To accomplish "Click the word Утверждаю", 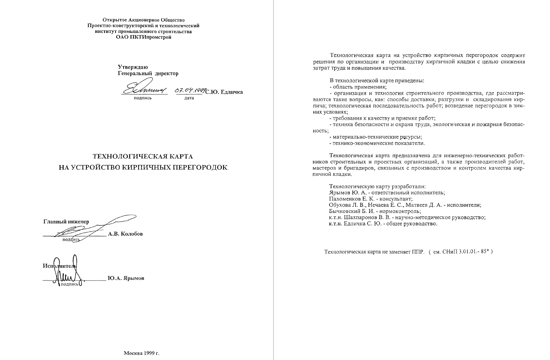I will (133, 67).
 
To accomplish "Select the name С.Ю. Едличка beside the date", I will (224, 92).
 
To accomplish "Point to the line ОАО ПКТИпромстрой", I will (143, 37).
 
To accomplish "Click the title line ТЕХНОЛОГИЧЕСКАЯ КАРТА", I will (143, 156).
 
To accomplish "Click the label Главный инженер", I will (66, 222).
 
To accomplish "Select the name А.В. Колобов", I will (125, 234).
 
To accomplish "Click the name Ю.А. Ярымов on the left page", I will (126, 278).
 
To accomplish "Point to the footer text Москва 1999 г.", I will (142, 353).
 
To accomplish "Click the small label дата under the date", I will (189, 98).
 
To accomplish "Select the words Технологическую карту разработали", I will (378, 186).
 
